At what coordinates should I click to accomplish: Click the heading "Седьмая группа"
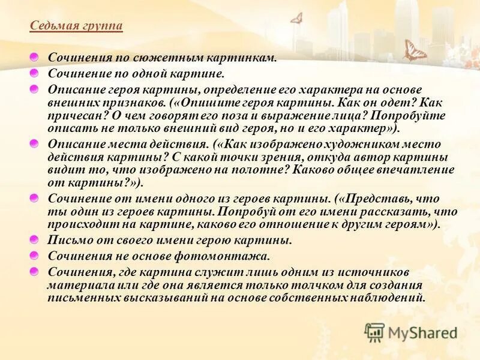[x=76, y=26]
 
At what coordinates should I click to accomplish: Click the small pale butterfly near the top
[x=296, y=19]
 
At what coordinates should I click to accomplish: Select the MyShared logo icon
[x=375, y=332]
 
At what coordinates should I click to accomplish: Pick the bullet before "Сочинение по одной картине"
[x=35, y=73]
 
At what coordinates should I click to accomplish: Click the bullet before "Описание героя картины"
[x=35, y=89]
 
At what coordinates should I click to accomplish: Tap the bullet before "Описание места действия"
[x=35, y=143]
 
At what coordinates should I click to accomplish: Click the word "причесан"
[x=72, y=115]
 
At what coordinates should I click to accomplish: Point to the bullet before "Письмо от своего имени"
[x=35, y=239]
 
